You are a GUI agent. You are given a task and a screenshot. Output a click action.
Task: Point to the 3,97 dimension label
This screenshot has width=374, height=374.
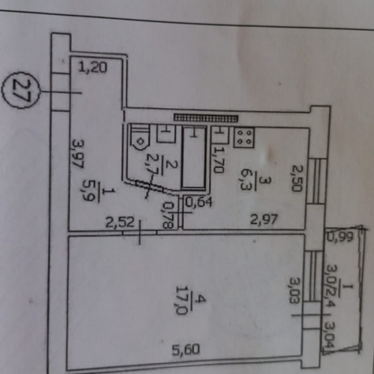tap(77, 153)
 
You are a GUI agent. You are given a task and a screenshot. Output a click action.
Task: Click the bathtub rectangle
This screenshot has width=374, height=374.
tap(193, 157)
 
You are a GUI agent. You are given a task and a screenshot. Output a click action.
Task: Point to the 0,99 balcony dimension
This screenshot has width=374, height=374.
tap(339, 237)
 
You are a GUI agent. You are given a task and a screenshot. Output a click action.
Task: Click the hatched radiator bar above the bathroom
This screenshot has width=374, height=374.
tap(206, 117)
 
